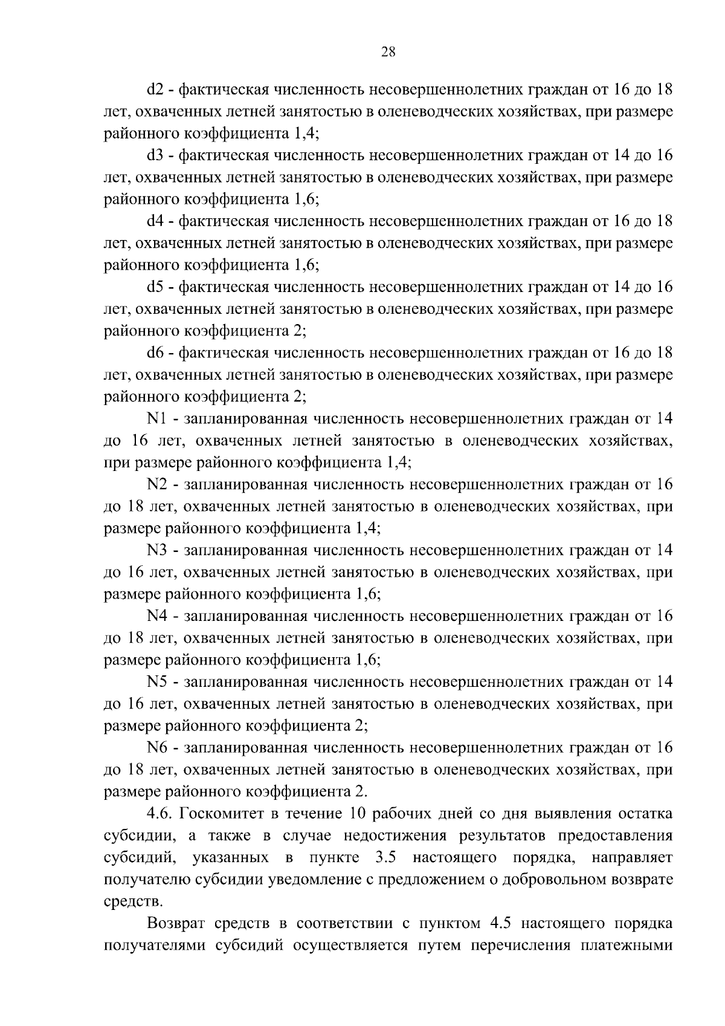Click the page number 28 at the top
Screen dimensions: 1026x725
388,52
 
